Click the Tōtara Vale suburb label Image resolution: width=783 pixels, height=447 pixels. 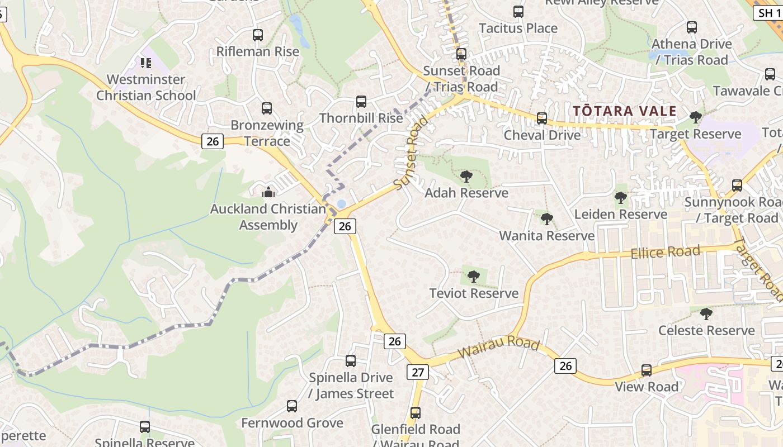pos(625,111)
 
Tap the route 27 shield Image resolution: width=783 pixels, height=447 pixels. pos(418,372)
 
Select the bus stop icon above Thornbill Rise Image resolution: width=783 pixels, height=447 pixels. pos(361,102)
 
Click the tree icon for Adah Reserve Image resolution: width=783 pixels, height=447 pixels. pos(466,177)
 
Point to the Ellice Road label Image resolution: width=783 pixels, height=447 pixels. pos(665,253)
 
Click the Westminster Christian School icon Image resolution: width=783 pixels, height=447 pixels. pos(146,63)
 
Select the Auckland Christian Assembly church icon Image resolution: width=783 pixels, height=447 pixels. pos(268,193)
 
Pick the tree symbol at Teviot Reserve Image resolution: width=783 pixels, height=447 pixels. pos(474,276)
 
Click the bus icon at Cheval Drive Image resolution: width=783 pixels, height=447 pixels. pos(541,118)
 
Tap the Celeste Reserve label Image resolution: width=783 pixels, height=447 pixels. pos(706,330)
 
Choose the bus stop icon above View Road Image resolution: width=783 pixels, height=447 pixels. pos(647,370)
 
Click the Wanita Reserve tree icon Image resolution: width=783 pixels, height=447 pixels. pos(547,219)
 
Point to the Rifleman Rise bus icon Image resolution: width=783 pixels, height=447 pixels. pos(258,35)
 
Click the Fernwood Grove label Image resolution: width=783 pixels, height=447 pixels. pos(292,423)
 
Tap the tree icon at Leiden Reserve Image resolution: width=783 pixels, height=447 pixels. pos(620,197)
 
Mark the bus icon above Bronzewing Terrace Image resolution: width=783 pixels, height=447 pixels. pos(267,108)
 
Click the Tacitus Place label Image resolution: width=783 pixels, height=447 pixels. pos(518,28)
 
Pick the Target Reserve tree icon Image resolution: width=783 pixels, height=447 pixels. pos(696,117)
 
